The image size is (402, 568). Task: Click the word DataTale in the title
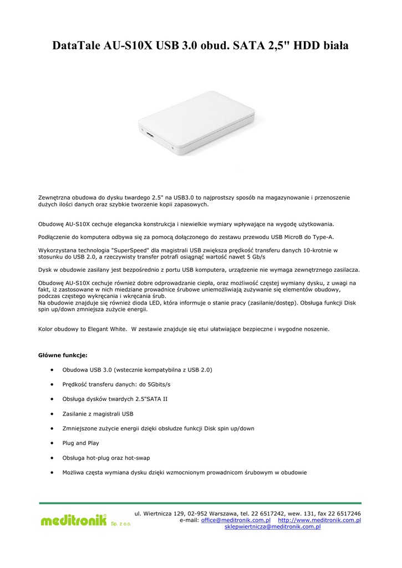pos(76,45)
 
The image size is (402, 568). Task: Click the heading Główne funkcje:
pos(62,354)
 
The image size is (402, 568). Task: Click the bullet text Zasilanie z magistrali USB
pos(98,414)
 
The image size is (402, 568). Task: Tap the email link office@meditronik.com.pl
pos(236,520)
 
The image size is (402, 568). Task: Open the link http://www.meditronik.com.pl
pos(319,520)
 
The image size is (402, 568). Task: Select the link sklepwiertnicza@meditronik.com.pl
pos(272,527)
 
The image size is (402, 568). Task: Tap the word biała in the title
pos(334,45)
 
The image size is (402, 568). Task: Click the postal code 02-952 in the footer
pos(193,514)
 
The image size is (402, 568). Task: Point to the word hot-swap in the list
pos(136,458)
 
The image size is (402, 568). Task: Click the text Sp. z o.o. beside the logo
pos(121,524)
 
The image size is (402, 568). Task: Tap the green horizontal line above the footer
pos(200,503)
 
